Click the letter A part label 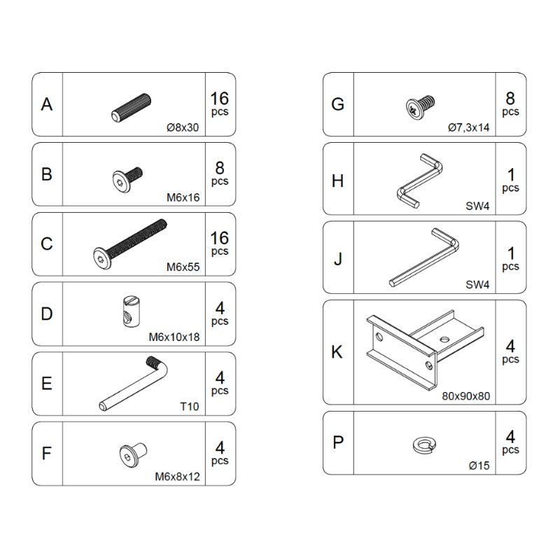(x=47, y=104)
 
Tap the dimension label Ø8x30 (x=183, y=127)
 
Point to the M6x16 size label (x=183, y=197)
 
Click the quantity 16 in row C (x=219, y=239)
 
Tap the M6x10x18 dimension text (x=174, y=337)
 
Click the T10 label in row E (x=190, y=407)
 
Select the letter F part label (x=47, y=453)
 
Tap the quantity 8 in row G (x=510, y=99)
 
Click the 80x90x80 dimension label (x=465, y=395)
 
